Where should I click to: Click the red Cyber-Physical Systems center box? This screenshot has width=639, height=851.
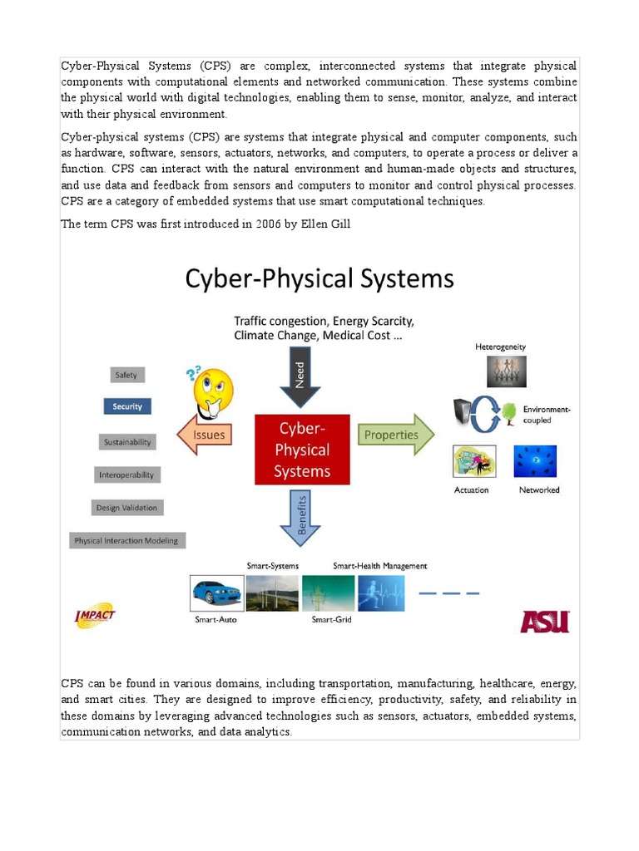(303, 450)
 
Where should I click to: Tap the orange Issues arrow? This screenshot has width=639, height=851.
(205, 435)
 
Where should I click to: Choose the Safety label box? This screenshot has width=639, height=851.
(126, 375)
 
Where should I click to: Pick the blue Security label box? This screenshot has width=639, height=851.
(127, 406)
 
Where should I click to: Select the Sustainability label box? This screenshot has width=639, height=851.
(127, 442)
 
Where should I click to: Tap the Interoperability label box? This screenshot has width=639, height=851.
(126, 475)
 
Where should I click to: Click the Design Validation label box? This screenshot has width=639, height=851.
(126, 507)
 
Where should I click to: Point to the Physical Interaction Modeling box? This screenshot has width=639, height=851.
(126, 540)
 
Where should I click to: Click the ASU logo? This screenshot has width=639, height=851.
(545, 621)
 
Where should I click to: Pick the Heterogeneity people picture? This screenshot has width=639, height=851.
(507, 371)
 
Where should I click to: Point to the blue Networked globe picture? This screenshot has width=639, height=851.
(535, 461)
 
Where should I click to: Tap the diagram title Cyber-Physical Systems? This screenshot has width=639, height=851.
(319, 278)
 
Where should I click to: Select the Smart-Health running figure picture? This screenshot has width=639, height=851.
(381, 593)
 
